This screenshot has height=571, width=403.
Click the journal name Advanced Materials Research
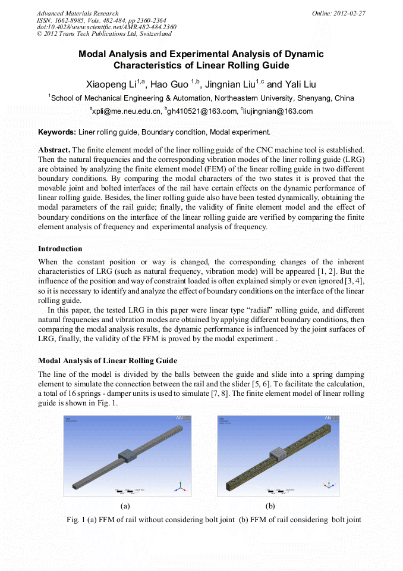pos(77,13)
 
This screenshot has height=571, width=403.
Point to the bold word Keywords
pos(56,132)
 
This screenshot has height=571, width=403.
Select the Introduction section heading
pos(60,248)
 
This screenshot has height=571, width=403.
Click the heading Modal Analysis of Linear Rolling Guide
pos(107,361)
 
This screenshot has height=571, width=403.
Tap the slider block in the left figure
pos(129,455)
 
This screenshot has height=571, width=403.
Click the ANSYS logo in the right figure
pos(330,419)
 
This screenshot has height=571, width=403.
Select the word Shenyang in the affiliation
pos(321,98)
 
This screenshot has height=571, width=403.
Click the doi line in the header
pos(106,27)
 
